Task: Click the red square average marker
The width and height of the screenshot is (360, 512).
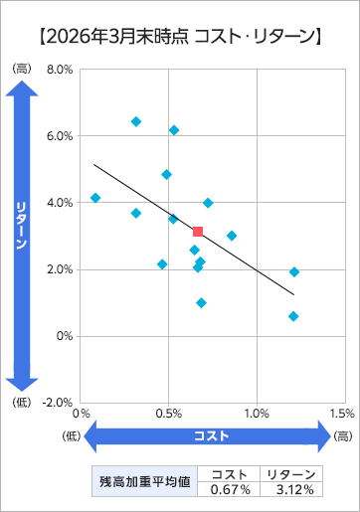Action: (x=198, y=232)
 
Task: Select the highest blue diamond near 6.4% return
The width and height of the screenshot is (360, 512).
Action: (x=136, y=121)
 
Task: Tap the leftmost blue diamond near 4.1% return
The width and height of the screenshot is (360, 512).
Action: (x=95, y=198)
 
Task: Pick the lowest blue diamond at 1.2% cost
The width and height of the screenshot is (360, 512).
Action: (x=293, y=316)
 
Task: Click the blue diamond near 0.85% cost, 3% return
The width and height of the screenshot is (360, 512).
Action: (x=232, y=236)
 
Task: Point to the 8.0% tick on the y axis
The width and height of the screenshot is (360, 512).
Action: (x=60, y=70)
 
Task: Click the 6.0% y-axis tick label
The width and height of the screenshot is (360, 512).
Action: (x=60, y=136)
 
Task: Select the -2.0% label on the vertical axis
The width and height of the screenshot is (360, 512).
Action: (x=58, y=403)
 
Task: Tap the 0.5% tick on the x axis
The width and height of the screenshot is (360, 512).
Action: (x=169, y=414)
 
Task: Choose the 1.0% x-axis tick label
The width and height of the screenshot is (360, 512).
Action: (x=257, y=414)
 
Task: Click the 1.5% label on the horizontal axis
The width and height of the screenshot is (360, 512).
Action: (x=342, y=414)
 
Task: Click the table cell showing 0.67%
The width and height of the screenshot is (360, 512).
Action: (x=229, y=489)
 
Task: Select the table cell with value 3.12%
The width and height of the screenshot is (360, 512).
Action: (x=291, y=489)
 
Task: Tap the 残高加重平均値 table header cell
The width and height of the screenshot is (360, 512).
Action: (x=145, y=481)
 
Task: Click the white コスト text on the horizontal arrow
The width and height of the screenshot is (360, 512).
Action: (x=211, y=435)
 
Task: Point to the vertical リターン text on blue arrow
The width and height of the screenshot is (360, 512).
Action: (x=22, y=226)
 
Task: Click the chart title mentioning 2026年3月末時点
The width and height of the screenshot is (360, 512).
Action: (x=180, y=37)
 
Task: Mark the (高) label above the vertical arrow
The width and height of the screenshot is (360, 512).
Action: (x=22, y=69)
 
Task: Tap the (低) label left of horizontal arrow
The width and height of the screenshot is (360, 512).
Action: (x=72, y=436)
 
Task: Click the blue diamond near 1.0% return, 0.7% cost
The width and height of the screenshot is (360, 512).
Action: (x=201, y=302)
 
